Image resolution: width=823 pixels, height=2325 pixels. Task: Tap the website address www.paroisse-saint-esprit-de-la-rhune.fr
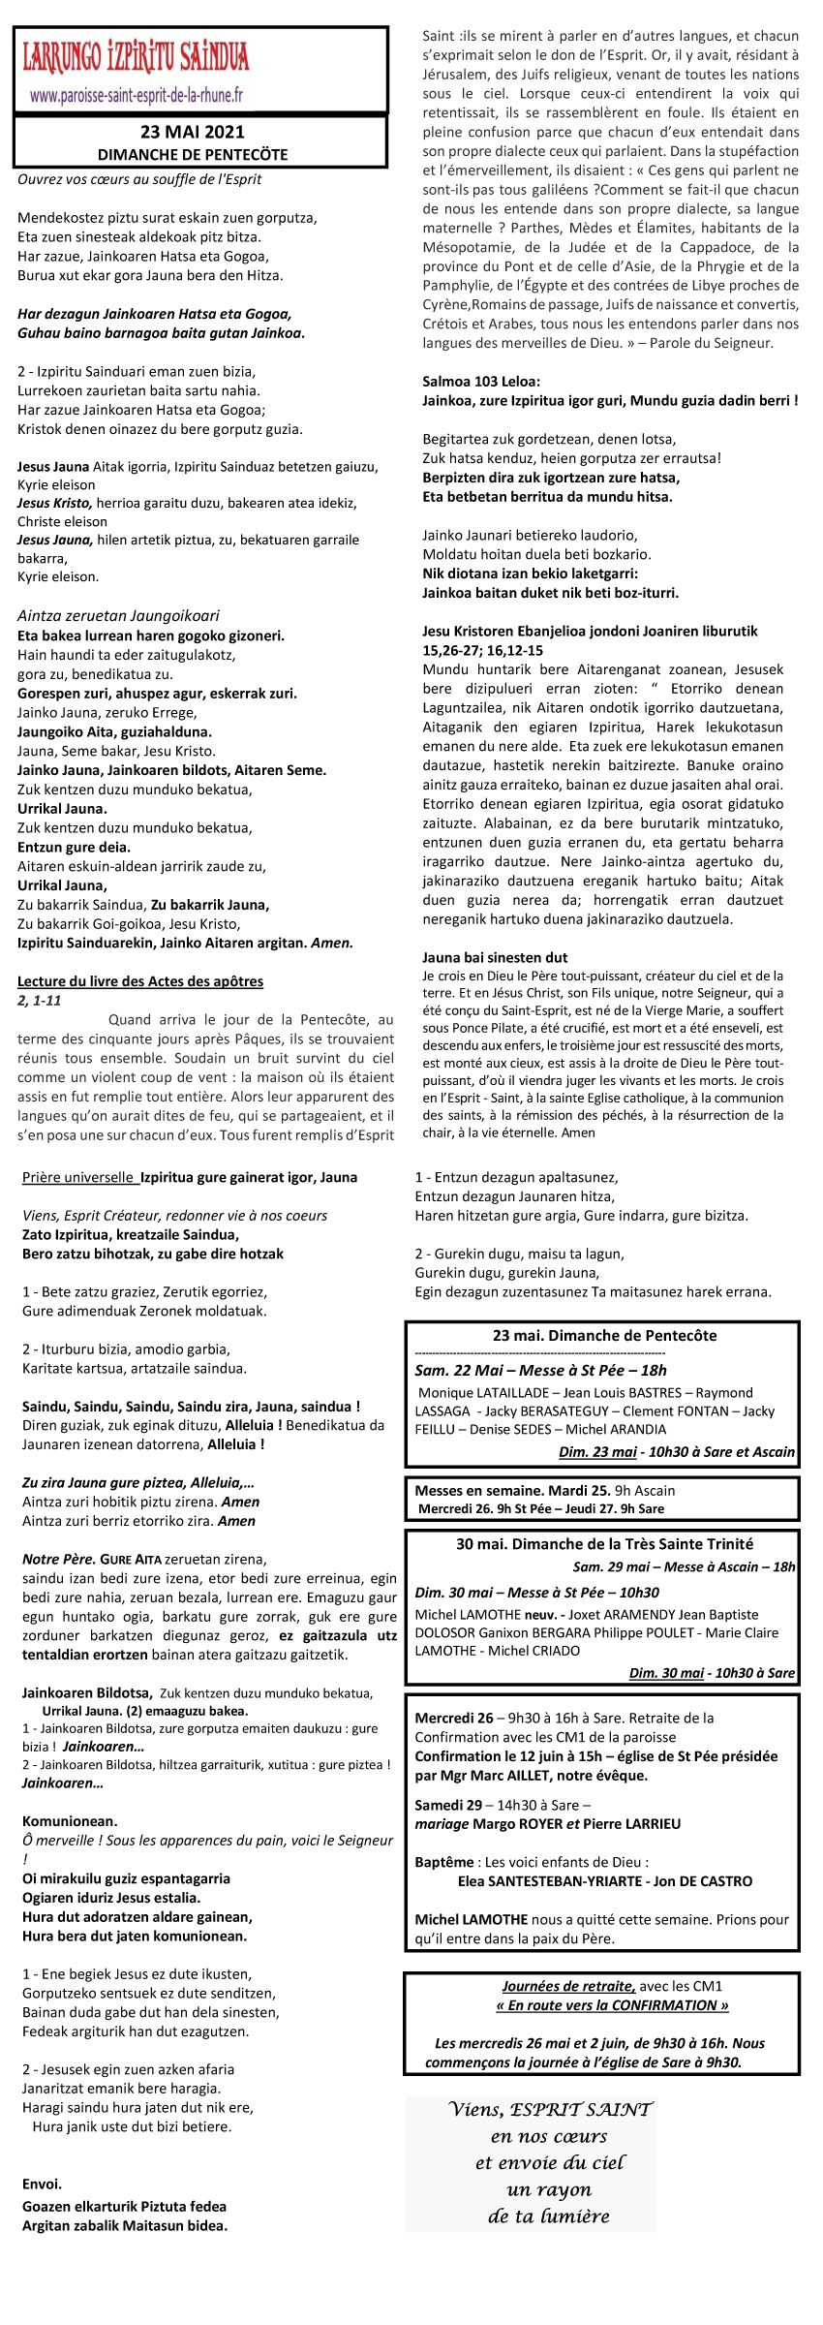point(137,96)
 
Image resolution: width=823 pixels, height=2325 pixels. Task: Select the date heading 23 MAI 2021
point(192,132)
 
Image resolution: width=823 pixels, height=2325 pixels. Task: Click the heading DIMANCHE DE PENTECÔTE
point(192,154)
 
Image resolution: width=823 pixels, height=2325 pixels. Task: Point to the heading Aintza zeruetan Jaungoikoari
point(118,615)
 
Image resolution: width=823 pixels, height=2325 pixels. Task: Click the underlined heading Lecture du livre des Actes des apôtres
point(140,981)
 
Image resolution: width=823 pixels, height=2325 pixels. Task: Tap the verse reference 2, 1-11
point(40,1001)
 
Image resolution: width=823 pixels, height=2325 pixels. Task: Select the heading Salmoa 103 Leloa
point(481,381)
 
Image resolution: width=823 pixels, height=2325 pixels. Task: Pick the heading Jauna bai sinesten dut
point(495,957)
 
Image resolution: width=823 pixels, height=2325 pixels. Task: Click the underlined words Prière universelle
point(77,1178)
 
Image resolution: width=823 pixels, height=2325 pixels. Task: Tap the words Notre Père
point(58,1560)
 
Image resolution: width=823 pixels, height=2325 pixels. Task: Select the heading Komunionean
point(70,1821)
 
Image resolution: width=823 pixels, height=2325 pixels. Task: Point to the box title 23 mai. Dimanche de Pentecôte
point(604,1335)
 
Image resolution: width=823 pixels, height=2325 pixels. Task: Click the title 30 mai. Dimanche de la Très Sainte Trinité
point(604,1544)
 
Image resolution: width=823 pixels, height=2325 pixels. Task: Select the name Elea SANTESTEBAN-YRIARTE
point(552,1881)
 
